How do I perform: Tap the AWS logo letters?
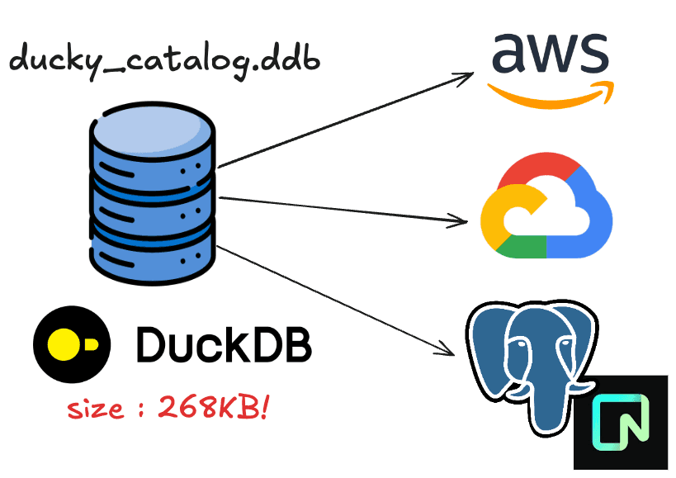click(549, 54)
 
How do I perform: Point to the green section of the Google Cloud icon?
click(520, 246)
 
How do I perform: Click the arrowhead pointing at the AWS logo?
click(466, 77)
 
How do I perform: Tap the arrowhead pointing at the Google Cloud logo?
click(461, 220)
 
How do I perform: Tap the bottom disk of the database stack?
click(152, 252)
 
